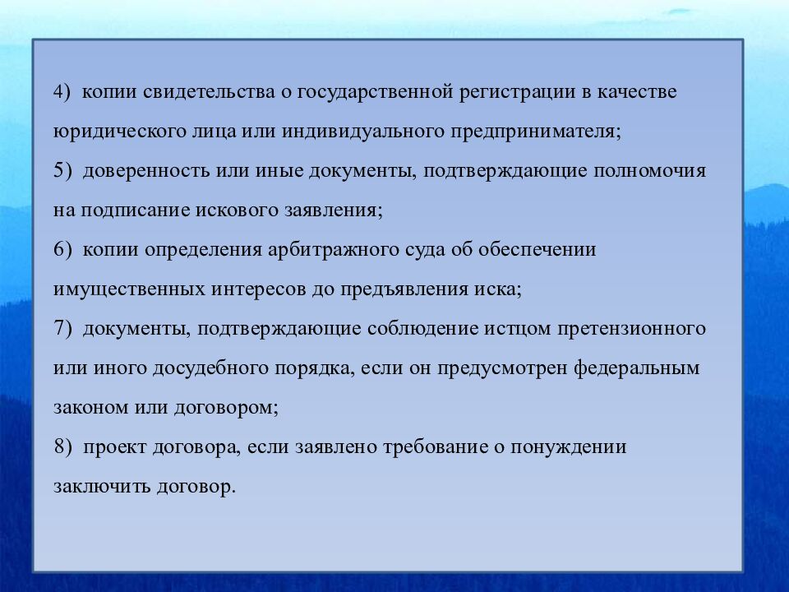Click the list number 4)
click(62, 92)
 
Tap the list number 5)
click(62, 171)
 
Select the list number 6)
click(62, 250)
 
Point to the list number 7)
click(62, 329)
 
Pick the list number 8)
click(62, 448)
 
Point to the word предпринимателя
click(534, 132)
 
